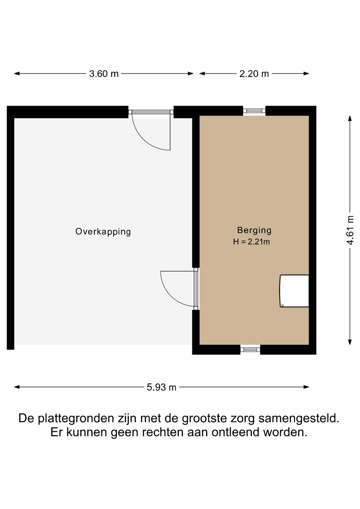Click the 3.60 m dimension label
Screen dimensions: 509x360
pos(104,74)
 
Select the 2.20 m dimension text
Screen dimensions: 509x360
pos(254,74)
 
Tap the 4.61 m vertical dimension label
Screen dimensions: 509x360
pos(350,230)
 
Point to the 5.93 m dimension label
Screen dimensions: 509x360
pos(161,387)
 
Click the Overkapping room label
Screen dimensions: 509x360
pos(103,231)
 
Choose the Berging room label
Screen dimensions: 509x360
pos(254,230)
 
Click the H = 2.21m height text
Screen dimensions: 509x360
pos(251,242)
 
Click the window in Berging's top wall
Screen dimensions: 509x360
pos(254,111)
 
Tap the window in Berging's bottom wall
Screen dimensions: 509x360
pos(250,349)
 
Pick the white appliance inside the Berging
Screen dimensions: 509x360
pos(294,291)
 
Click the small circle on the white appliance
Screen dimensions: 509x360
pos(282,305)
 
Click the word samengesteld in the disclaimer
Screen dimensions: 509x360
pos(299,418)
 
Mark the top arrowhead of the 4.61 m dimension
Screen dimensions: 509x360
pos(350,118)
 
